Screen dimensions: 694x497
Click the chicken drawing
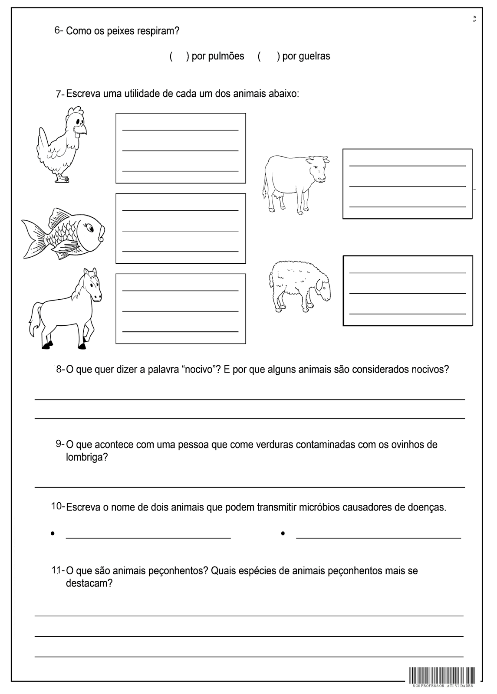[x=61, y=145]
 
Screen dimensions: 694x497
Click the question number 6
[x=58, y=31]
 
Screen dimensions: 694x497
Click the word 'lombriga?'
[x=87, y=457]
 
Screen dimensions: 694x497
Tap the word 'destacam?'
[x=89, y=583]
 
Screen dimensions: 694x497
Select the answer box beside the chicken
[x=181, y=148]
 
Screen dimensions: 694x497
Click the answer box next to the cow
[x=407, y=184]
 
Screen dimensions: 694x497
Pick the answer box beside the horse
[x=181, y=309]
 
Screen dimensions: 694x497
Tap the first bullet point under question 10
[x=53, y=534]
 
